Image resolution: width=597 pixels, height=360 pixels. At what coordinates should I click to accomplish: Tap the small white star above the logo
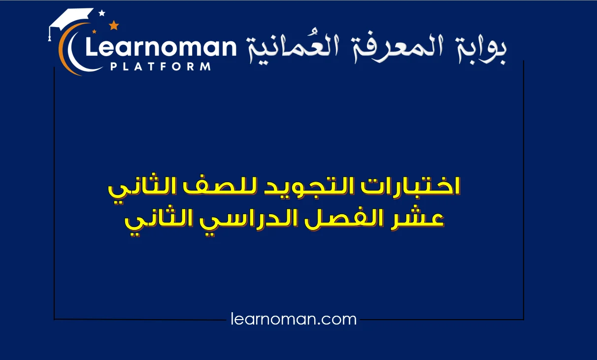tap(102, 13)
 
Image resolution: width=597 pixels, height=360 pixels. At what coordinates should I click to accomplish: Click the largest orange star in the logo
tap(114, 25)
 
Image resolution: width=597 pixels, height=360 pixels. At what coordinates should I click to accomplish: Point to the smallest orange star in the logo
tap(94, 32)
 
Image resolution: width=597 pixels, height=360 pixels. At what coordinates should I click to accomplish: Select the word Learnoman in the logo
tap(161, 47)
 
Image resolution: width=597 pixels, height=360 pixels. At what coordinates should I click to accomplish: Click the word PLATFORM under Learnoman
tap(161, 66)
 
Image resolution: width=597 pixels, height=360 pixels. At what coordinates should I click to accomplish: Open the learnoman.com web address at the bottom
tap(294, 319)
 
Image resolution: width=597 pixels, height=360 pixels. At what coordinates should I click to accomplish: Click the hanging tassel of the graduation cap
tap(50, 34)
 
